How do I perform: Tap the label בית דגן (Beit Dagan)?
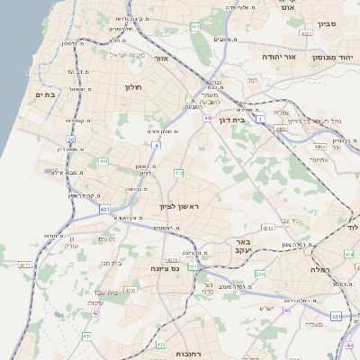pyautogui.click(x=231, y=119)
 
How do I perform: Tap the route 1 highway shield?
pyautogui.click(x=261, y=119)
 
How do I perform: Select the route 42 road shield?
pyautogui.click(x=95, y=312)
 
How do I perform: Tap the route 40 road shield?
pyautogui.click(x=287, y=310)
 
